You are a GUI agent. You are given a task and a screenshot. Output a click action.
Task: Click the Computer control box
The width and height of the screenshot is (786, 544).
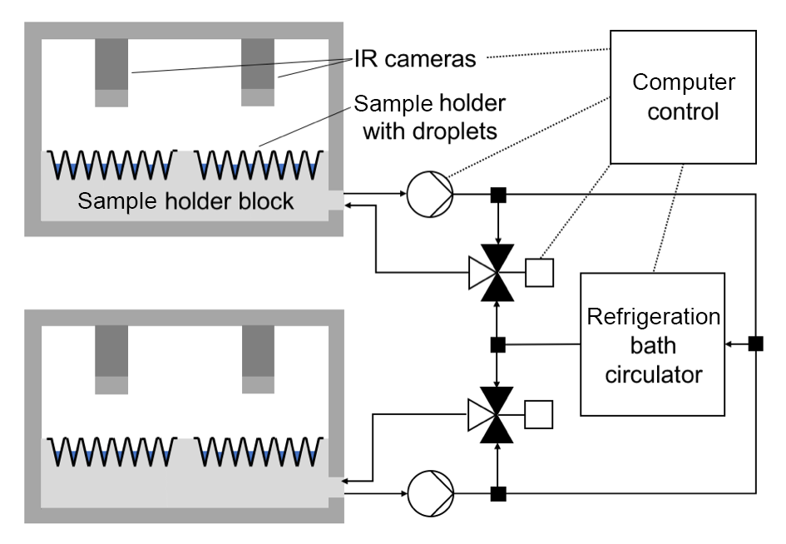pos(683,96)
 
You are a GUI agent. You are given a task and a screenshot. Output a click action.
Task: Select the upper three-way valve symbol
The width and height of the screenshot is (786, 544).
pos(498,271)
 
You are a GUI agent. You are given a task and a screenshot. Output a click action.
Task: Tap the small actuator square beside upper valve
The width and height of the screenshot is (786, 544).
pos(540,271)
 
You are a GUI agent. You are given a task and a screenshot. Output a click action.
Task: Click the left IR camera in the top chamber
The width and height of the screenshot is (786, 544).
pos(111,72)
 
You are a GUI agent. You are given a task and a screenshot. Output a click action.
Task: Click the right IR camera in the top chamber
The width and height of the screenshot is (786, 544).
pos(258,72)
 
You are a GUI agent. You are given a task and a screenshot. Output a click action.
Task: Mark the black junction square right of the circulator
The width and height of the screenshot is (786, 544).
pos(755,343)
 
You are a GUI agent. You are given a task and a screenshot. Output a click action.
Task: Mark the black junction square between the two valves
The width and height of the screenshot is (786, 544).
pos(498,343)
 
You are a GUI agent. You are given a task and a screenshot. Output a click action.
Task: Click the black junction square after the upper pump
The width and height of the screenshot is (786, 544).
pos(498,195)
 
